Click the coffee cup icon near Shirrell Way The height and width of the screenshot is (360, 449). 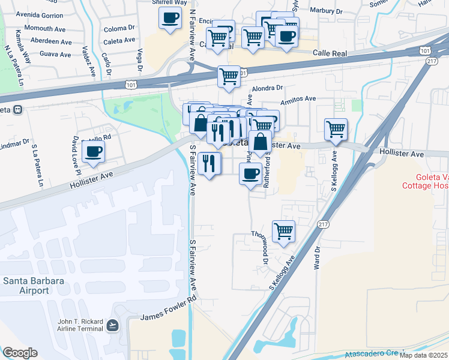[170, 17]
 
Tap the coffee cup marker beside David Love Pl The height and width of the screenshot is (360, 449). [93, 151]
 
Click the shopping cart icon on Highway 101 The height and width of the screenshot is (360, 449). [229, 77]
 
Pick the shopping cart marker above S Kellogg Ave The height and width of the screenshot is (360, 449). [336, 128]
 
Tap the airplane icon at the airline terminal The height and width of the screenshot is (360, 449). [112, 325]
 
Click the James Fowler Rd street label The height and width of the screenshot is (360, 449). [169, 311]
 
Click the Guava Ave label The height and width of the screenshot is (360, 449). [55, 54]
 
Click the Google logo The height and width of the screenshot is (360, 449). [20, 353]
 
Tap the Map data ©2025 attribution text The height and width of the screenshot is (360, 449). [423, 355]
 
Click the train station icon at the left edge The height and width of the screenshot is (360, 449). [18, 110]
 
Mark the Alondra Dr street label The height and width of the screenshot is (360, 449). [263, 88]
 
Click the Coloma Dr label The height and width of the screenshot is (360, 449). [119, 28]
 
